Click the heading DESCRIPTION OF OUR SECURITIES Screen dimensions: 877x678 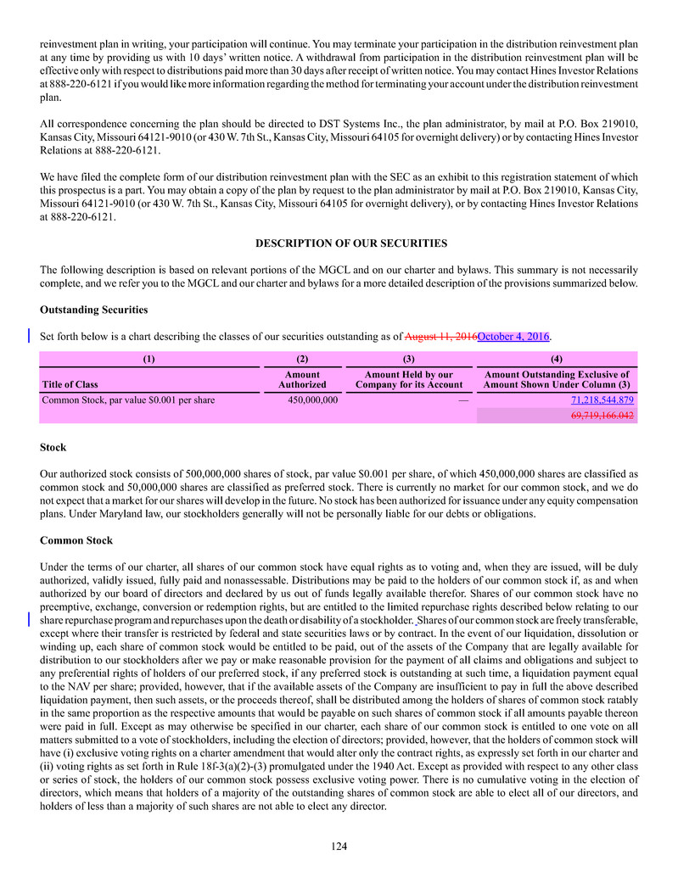tap(351, 244)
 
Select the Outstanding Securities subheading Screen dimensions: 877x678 tap(93, 310)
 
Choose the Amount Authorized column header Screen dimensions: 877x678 tap(302, 379)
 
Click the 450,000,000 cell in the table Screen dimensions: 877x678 tap(308, 400)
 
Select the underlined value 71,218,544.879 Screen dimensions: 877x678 tap(602, 400)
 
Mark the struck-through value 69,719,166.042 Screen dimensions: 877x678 tap(602, 416)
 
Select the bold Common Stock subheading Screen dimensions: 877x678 tap(76, 541)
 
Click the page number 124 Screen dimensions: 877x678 tap(339, 846)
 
